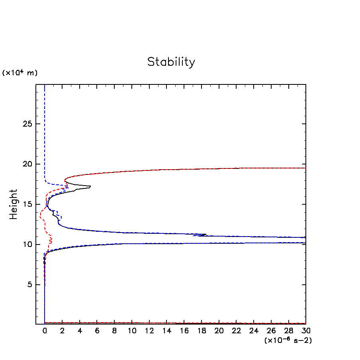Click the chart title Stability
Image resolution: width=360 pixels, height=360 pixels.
click(171, 62)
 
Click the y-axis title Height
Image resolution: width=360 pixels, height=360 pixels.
click(14, 204)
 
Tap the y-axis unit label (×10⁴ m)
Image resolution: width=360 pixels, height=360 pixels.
click(20, 73)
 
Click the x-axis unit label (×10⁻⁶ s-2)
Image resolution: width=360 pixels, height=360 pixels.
click(288, 340)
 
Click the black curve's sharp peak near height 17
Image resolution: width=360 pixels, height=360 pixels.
click(90, 186)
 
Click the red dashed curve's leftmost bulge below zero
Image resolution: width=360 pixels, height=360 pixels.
click(41, 215)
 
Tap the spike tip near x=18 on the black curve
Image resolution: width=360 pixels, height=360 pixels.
click(206, 235)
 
